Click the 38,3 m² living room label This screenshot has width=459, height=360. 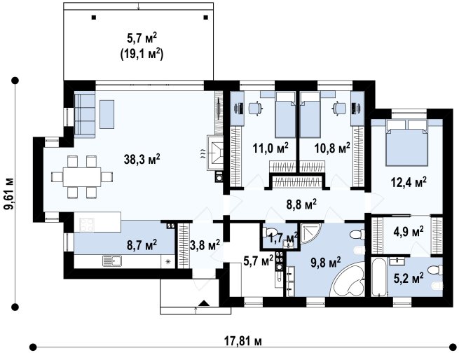142,159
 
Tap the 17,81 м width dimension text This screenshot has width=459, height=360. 242,341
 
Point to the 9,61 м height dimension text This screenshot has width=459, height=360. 9,193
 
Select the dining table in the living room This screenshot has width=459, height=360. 82,176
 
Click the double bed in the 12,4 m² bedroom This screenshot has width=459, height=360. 406,143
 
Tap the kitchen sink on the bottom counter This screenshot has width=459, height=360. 112,261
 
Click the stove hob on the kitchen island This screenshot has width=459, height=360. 87,225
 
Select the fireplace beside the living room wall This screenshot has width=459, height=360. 214,152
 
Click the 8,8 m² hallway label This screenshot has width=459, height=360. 301,205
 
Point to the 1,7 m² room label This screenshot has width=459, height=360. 284,237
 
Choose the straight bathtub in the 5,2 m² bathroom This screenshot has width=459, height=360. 379,277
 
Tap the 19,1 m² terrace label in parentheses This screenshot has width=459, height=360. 142,55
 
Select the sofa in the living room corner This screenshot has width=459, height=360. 85,114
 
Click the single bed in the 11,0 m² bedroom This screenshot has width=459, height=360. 285,114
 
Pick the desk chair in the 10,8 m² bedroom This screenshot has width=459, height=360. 339,108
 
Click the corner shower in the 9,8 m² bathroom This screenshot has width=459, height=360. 310,233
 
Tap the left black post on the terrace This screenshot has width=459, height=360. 94,18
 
